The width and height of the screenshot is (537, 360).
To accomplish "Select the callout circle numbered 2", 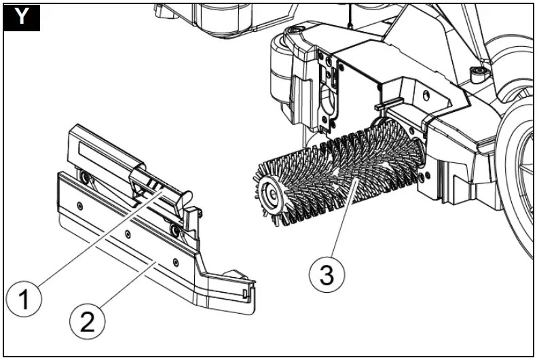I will (x=87, y=320).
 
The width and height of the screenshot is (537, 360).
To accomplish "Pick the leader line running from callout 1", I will (x=95, y=238).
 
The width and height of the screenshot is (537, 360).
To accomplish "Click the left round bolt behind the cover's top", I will (x=86, y=178).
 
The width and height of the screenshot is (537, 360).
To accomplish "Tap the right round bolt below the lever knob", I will (x=175, y=229).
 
